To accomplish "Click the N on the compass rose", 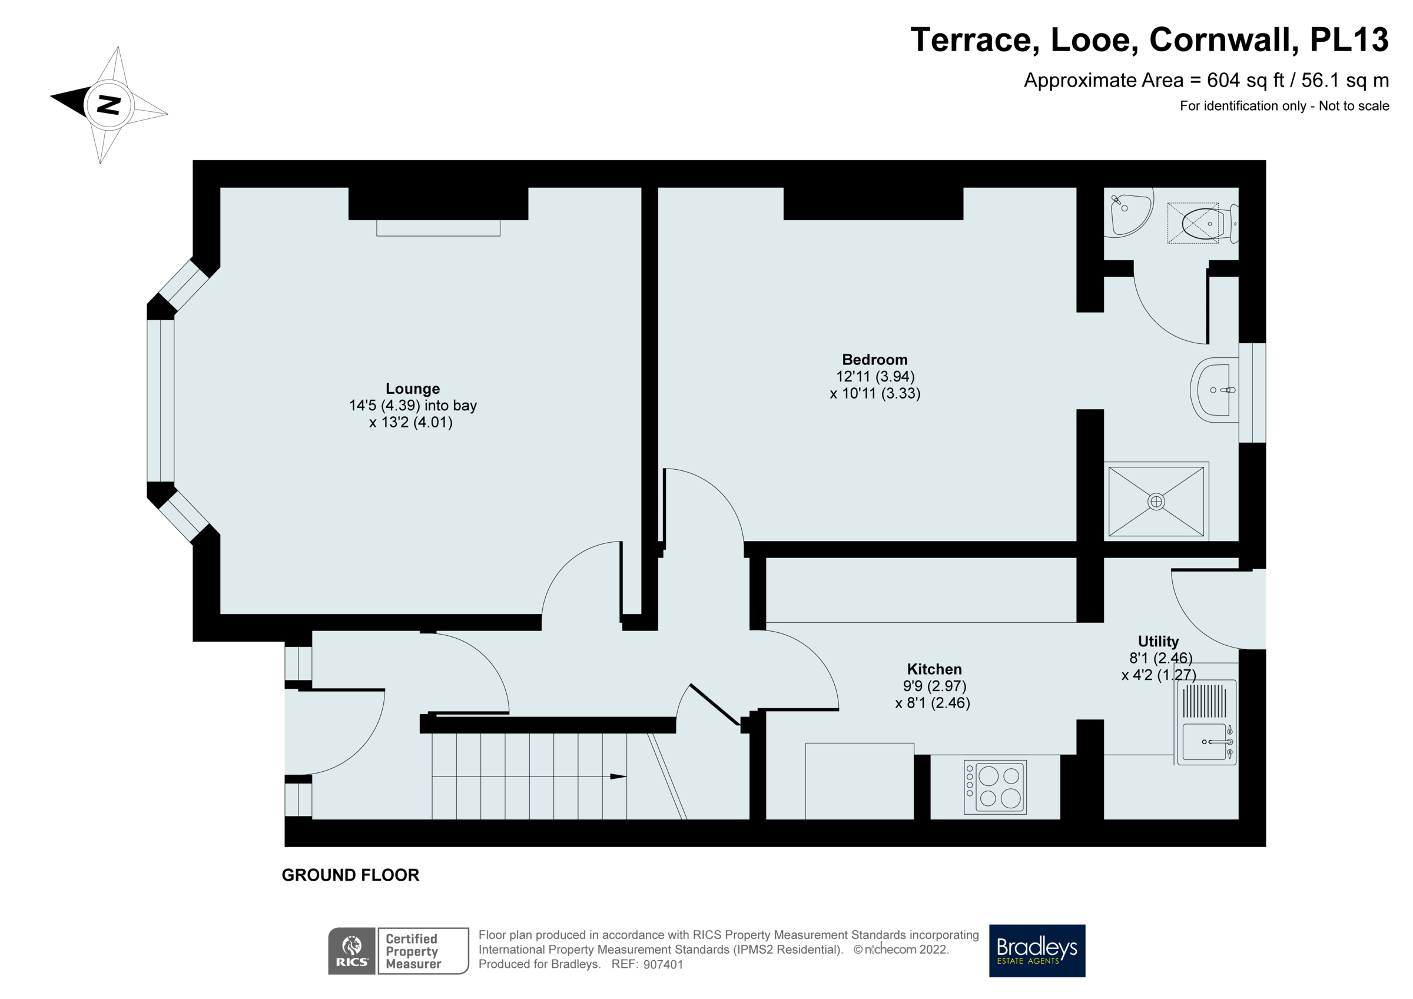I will pyautogui.click(x=109, y=105).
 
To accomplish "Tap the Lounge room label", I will pyautogui.click(x=412, y=389).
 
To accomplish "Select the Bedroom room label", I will pyautogui.click(x=874, y=360).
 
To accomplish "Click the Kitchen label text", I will pyautogui.click(x=934, y=670).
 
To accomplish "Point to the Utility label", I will pyautogui.click(x=1157, y=642).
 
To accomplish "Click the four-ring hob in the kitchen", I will pyautogui.click(x=995, y=787).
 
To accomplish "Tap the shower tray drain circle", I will pyautogui.click(x=1156, y=502).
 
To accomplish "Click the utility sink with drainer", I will pyautogui.click(x=1206, y=723).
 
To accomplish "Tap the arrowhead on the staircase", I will pyautogui.click(x=618, y=777).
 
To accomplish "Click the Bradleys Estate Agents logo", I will pyautogui.click(x=1036, y=950).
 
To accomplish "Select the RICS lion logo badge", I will pyautogui.click(x=351, y=950).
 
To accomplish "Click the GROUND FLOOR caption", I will pyautogui.click(x=350, y=875).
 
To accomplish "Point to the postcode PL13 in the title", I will pyautogui.click(x=1348, y=40).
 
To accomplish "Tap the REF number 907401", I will pyautogui.click(x=663, y=964).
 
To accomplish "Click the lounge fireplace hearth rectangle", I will pyautogui.click(x=438, y=228).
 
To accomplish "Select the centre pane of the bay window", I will pyautogui.click(x=161, y=400).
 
